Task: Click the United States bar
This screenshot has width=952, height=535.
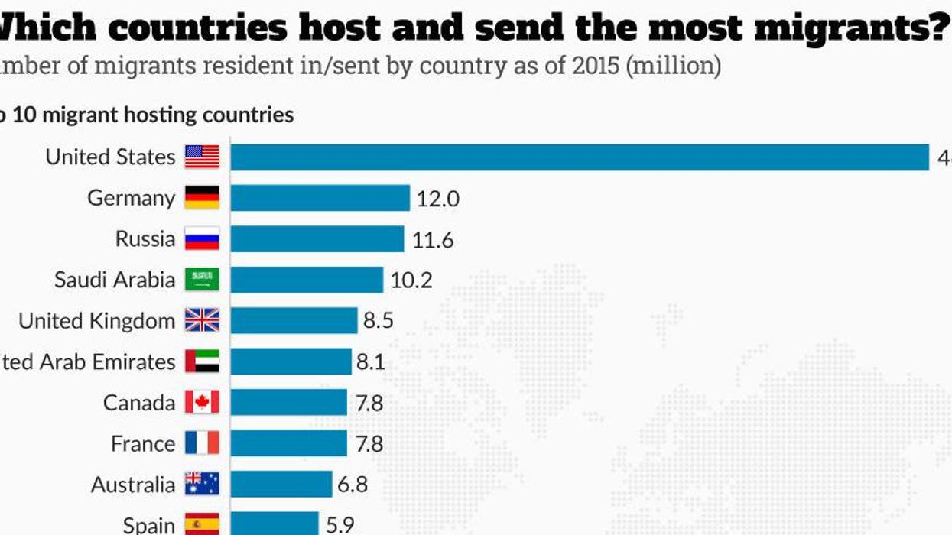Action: [580, 157]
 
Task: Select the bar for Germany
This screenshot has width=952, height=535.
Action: [320, 198]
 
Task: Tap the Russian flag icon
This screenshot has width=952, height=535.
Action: [202, 239]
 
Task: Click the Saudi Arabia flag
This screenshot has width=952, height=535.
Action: [202, 280]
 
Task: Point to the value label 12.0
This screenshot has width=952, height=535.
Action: [437, 199]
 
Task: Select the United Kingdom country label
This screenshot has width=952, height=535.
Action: [96, 321]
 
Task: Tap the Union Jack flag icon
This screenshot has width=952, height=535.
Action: [202, 320]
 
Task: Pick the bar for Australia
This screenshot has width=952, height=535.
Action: [281, 485]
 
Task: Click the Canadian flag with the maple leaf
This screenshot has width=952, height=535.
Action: [202, 403]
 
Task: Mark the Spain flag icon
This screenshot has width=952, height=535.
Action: [202, 524]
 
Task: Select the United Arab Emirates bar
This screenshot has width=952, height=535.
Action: [291, 362]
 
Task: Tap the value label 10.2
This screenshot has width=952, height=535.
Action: [411, 280]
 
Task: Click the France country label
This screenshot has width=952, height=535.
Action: [143, 444]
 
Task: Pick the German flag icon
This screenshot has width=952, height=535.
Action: [202, 198]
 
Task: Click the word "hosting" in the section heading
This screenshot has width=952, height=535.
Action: [145, 115]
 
